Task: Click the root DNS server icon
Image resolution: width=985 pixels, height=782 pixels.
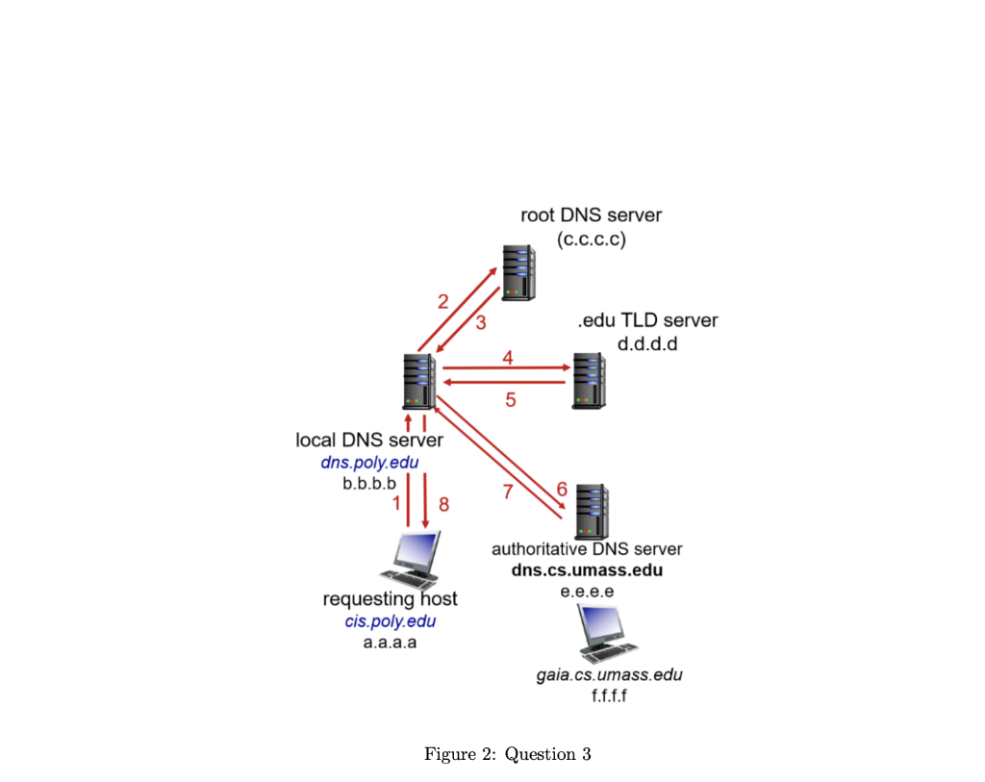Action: (x=518, y=272)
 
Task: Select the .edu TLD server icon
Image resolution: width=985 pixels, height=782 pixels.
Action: (x=589, y=381)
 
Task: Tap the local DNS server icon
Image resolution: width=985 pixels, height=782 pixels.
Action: (x=419, y=382)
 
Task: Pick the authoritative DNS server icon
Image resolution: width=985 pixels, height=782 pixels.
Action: (x=591, y=512)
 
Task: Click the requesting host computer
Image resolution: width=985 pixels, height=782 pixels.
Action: (x=410, y=559)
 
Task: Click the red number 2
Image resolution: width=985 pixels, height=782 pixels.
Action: (x=443, y=301)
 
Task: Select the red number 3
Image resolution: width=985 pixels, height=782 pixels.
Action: (x=481, y=322)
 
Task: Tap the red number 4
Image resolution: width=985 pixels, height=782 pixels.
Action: (x=508, y=357)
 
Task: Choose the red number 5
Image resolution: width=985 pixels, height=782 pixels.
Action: (x=511, y=400)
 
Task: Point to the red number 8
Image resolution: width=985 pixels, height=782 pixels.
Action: (x=443, y=504)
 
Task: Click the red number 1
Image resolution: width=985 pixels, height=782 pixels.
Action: (x=396, y=503)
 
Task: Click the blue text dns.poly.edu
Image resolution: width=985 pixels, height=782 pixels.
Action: (x=369, y=463)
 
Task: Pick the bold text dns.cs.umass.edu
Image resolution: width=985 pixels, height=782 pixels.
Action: (x=587, y=570)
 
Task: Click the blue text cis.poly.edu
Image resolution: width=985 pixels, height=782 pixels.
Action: (x=390, y=621)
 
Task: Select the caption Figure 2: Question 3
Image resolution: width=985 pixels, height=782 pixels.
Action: (x=507, y=754)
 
